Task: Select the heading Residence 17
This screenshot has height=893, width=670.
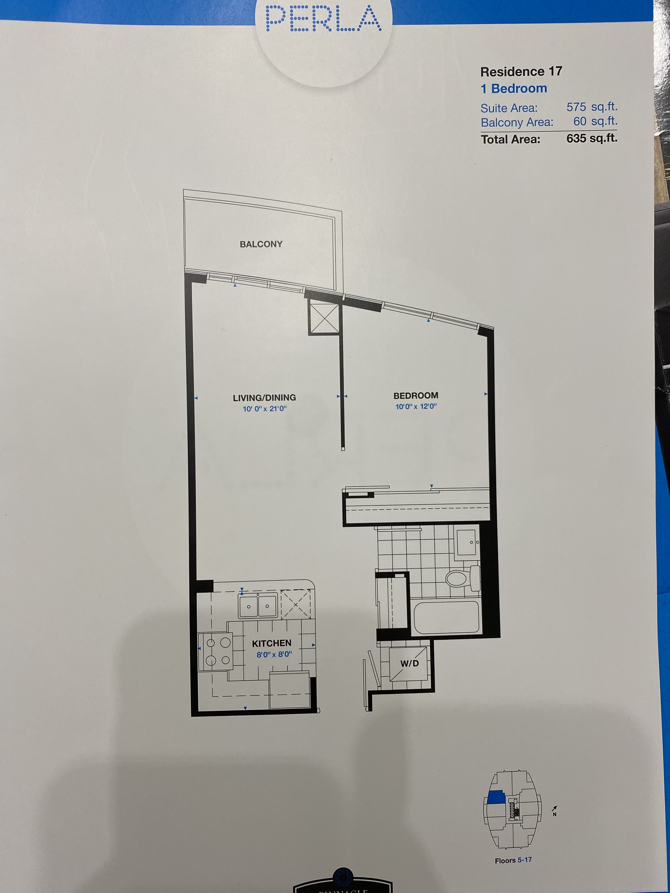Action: coord(521,72)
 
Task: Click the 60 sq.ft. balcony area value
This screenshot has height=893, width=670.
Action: coord(595,121)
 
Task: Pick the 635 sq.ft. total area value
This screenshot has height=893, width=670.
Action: coord(592,138)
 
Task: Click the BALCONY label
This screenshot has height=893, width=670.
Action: coord(261,244)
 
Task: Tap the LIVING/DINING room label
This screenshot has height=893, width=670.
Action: coord(264,398)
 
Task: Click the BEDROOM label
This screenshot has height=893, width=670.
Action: coord(416,396)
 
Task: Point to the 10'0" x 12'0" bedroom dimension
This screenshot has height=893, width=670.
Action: coord(416,407)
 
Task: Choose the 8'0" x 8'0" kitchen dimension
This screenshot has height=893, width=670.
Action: coord(274,654)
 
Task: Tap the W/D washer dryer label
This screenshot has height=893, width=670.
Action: coord(409,663)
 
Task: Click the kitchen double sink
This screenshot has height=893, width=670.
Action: coord(258,606)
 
